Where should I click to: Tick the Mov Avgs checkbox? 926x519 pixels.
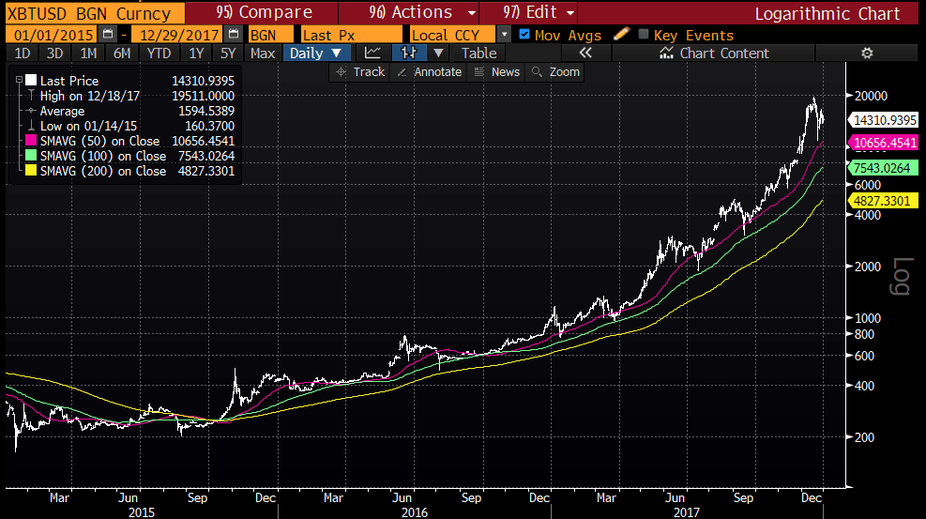pos(524,34)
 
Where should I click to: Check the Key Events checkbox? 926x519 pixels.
pos(644,35)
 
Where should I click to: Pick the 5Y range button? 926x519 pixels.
pos(227,53)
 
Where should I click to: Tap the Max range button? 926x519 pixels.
pos(263,53)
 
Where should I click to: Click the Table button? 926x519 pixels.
pos(478,53)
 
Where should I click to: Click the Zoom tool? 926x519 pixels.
pos(556,72)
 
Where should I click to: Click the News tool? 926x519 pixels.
pos(497,72)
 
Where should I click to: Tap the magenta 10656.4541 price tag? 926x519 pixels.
pos(883,143)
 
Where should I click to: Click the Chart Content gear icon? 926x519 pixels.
pos(866,53)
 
